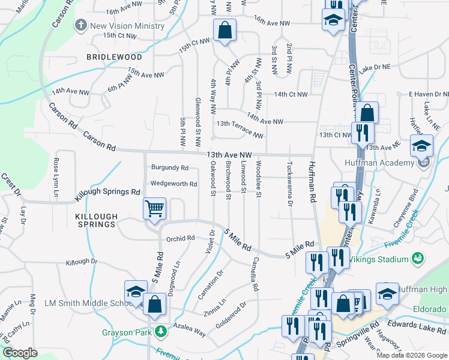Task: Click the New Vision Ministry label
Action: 127,26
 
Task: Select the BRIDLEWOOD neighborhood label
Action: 114,57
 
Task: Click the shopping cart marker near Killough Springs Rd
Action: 154,209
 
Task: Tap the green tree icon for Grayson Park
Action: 160,331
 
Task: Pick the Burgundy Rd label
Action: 170,168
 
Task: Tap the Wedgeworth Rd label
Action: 173,184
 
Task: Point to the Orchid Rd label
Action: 181,238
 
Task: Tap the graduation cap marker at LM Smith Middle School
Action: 136,292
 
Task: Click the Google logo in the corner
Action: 20,353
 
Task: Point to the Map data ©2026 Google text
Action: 411,355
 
